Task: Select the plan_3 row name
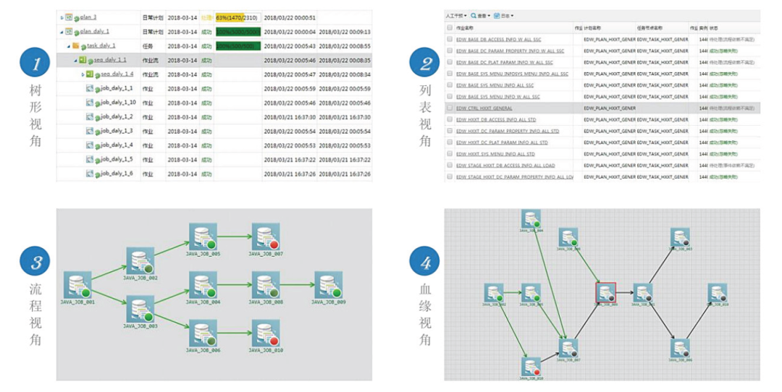pos(88,17)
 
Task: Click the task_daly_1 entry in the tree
pos(101,46)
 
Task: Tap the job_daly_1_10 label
pos(118,102)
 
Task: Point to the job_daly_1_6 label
pos(117,174)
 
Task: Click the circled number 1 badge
pos(35,64)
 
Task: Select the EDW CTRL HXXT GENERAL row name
pos(484,108)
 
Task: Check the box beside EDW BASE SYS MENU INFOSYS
pos(450,74)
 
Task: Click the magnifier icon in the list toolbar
pos(474,15)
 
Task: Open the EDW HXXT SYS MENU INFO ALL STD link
pos(495,154)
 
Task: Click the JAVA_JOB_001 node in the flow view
pos(77,286)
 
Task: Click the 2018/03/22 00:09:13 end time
pos(344,32)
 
